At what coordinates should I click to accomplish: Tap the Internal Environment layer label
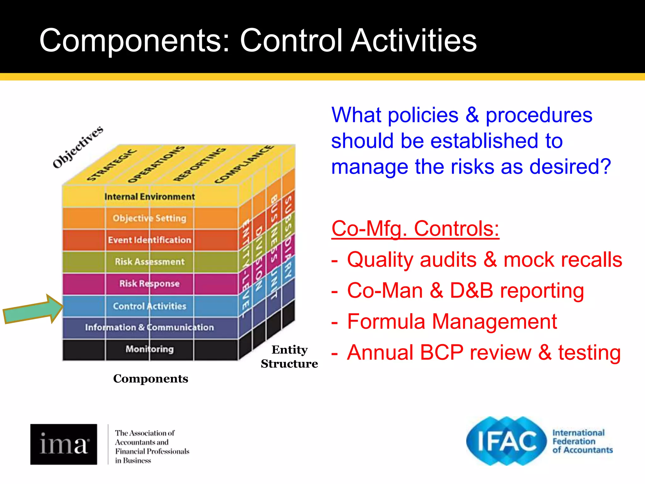pos(150,197)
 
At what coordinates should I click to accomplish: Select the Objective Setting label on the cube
pos(150,218)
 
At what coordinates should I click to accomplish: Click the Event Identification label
pos(150,240)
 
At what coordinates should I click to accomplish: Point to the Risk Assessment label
pos(150,262)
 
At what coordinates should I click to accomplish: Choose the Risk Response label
pos(150,284)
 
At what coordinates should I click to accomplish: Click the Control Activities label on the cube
pos(150,306)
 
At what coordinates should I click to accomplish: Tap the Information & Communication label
pos(150,327)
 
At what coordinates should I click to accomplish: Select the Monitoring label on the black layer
pos(150,349)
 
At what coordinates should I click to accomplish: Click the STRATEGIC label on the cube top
pos(112,165)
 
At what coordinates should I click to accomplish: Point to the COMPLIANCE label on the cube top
pos(244,164)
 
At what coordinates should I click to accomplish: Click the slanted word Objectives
pos(78,147)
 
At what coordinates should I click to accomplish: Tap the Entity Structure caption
pos(289,357)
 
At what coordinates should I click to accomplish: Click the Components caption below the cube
pos(151,378)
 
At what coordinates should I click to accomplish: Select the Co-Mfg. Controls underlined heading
pos(415,229)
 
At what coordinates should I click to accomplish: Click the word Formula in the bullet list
pos(385,322)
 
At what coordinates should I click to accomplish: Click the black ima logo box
pos(64,444)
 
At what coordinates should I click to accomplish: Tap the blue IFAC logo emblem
pos(506,441)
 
